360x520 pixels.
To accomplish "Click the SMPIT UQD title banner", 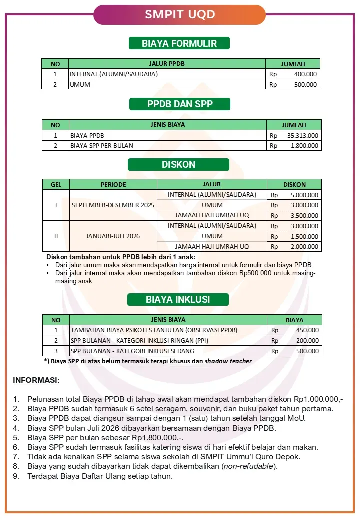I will click(x=180, y=14).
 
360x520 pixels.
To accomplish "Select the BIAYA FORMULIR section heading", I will click(x=179, y=43).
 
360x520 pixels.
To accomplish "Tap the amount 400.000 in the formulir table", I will click(x=305, y=74).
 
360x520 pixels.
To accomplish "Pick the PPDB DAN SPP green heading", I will click(x=179, y=104).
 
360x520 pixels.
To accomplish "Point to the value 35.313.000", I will click(x=303, y=135).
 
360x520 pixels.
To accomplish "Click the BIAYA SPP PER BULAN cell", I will click(x=102, y=146).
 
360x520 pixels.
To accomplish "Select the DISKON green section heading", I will click(x=178, y=164).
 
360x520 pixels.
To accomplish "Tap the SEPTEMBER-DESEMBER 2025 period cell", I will click(x=113, y=205).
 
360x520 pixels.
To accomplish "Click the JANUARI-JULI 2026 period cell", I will click(x=113, y=236).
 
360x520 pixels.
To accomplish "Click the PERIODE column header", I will click(x=113, y=184).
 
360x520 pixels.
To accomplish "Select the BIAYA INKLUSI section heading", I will click(x=178, y=300).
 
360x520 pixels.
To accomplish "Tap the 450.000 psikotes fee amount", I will click(x=307, y=330).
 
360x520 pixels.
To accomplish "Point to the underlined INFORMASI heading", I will click(x=36, y=381).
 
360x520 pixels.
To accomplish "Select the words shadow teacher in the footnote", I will click(x=228, y=361).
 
